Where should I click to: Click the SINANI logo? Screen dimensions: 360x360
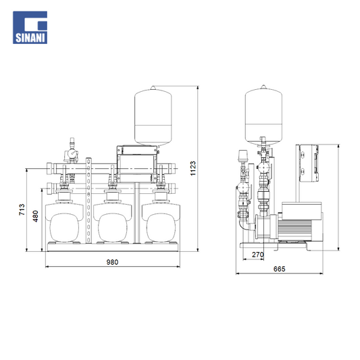(30, 28)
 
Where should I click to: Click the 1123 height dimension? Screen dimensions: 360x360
(193, 168)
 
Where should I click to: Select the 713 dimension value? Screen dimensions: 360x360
(22, 209)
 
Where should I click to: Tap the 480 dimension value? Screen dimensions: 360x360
(35, 216)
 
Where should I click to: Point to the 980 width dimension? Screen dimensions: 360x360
(112, 262)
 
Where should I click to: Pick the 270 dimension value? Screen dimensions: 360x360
(258, 255)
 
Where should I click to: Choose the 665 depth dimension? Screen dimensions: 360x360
(280, 269)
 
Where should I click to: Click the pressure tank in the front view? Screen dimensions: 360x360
(153, 116)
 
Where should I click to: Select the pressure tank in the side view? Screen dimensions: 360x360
(263, 115)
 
